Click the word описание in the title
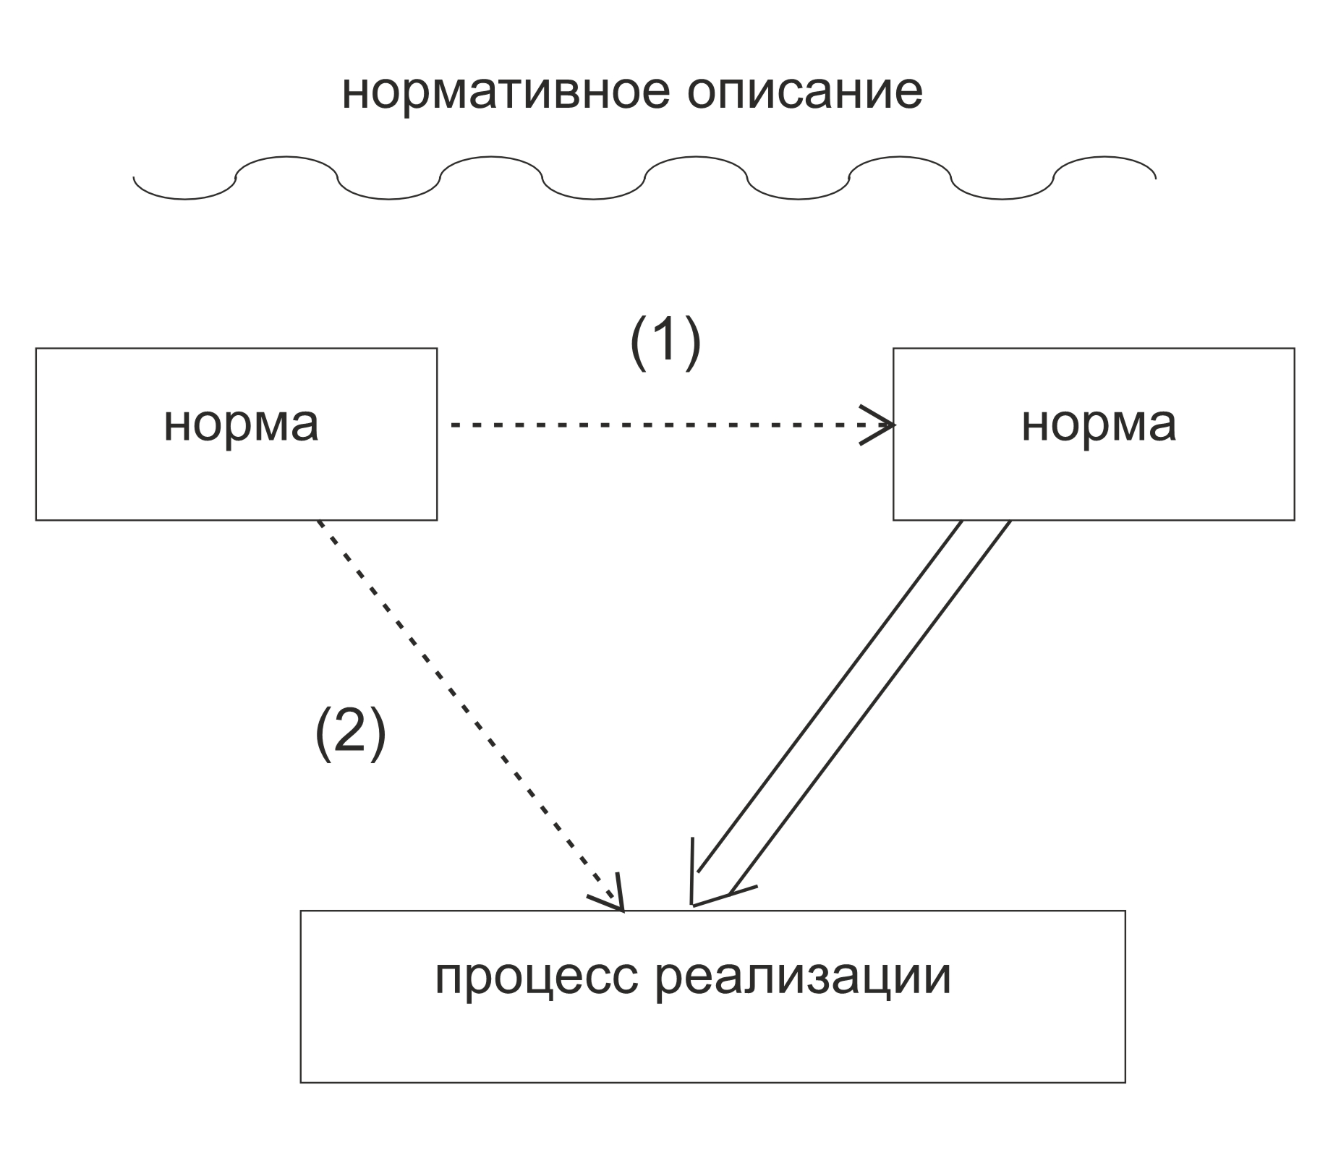pyautogui.click(x=804, y=93)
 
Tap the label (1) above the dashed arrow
pyautogui.click(x=665, y=341)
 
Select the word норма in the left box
pyautogui.click(x=241, y=425)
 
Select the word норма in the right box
pyautogui.click(x=1098, y=425)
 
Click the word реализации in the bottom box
pyautogui.click(x=803, y=977)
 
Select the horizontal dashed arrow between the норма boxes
pyautogui.click(x=651, y=425)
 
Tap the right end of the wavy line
pyautogui.click(x=1154, y=176)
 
